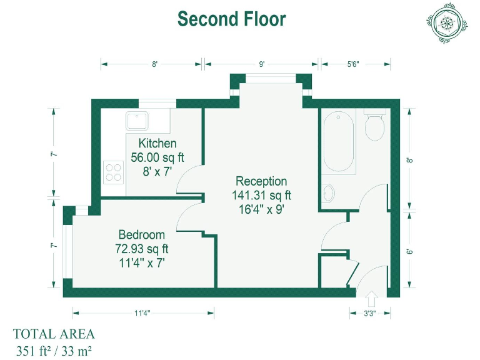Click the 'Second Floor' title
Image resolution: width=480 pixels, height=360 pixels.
click(231, 19)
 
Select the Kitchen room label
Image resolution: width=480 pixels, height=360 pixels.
click(157, 143)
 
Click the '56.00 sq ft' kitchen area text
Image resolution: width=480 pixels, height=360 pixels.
click(157, 157)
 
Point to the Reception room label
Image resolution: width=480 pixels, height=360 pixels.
click(261, 182)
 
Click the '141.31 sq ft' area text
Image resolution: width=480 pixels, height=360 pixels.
click(261, 196)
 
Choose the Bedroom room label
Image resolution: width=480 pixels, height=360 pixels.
click(142, 235)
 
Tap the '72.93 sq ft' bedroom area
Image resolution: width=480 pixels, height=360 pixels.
click(142, 249)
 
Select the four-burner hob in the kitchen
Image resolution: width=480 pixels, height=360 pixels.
click(113, 171)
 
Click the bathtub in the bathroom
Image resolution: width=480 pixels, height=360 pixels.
click(338, 142)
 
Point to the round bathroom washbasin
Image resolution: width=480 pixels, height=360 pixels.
click(329, 193)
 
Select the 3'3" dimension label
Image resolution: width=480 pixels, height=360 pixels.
click(371, 314)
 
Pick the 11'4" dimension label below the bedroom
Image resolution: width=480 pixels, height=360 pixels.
click(142, 314)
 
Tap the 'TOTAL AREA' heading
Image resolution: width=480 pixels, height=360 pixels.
click(54, 334)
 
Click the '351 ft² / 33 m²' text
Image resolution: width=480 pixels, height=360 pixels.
click(54, 350)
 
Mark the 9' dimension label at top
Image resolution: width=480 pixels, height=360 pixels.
click(262, 64)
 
